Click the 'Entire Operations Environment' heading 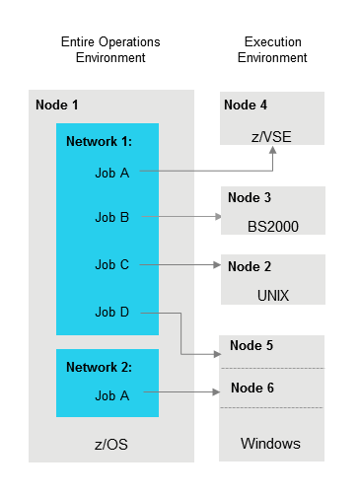click(110, 50)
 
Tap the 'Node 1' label click(56, 106)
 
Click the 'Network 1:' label click(99, 141)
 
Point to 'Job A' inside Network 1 click(111, 174)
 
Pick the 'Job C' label click(111, 264)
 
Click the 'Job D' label click(111, 313)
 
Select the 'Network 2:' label click(99, 367)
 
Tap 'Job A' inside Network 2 click(111, 395)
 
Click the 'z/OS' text click(111, 445)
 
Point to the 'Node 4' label click(246, 106)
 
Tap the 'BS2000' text click(273, 226)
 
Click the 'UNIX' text click(273, 295)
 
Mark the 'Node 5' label click(251, 346)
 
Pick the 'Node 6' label click(251, 389)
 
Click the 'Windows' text click(271, 444)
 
